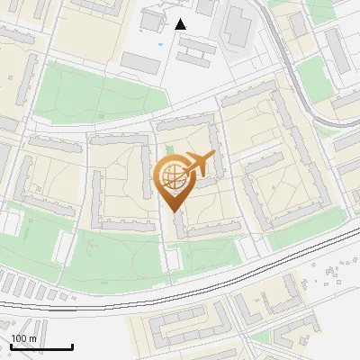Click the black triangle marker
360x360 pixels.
point(181,24)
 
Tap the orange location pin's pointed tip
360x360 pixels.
point(173,210)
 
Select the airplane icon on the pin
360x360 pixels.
point(200,164)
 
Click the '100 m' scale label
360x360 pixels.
point(24,338)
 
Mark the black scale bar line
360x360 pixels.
point(41,347)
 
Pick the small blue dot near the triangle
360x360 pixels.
point(161,44)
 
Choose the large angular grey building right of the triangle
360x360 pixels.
point(238,27)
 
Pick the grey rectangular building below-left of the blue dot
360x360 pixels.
point(139,62)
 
